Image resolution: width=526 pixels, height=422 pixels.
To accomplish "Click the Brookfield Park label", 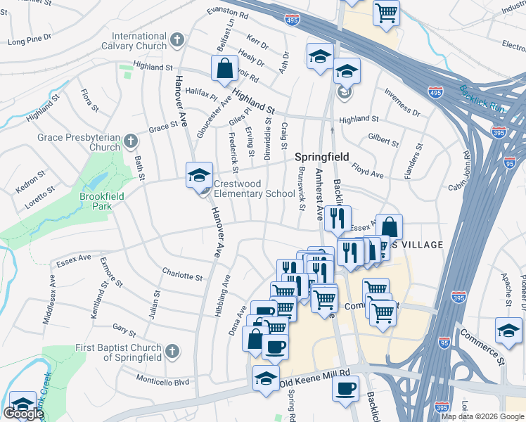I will click(x=102, y=201).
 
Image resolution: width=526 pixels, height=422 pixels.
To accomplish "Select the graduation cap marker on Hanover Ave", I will click(x=199, y=175).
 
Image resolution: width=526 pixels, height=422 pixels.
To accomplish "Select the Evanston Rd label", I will click(x=228, y=12).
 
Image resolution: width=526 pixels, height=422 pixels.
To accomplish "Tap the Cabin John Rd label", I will click(x=465, y=172).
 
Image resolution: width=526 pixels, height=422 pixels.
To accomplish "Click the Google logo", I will click(x=24, y=414).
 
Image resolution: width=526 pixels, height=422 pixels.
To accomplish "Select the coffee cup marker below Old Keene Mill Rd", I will click(x=345, y=389).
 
